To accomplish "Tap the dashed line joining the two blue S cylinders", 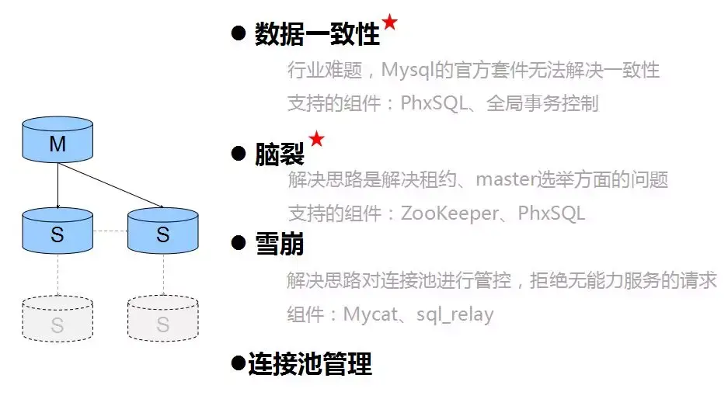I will (x=110, y=231).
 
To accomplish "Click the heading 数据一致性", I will (x=317, y=34).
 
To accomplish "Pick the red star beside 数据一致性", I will (x=389, y=23).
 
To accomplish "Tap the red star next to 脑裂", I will (x=316, y=139).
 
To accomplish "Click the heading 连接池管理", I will (x=310, y=363).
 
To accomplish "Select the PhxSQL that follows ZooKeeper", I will (x=552, y=213).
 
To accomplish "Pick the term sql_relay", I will (x=455, y=314).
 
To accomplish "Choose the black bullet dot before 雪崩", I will (x=239, y=245).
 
